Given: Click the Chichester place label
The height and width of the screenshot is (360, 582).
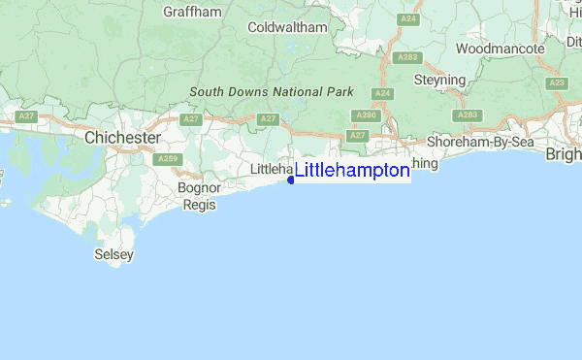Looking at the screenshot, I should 122,138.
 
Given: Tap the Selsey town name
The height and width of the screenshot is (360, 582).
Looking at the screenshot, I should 113,254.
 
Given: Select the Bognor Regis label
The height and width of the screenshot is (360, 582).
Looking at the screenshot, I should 201,195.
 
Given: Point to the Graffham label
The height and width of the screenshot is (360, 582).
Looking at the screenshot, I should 193,13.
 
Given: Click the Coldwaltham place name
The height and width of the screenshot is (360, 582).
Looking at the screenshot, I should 287,28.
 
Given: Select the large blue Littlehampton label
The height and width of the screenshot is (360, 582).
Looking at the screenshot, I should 352,171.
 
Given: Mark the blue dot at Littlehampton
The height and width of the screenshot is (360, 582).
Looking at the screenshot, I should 291,180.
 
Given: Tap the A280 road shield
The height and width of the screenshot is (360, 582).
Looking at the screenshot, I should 366,115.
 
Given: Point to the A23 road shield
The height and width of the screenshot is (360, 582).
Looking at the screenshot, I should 556,83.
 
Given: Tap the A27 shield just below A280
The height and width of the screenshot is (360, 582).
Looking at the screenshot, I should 358,135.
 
